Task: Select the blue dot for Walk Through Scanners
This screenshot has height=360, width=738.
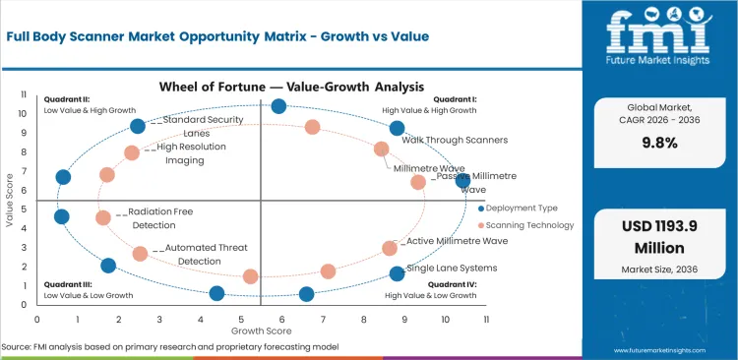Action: coord(397,128)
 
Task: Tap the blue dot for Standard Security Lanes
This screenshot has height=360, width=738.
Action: coord(138,125)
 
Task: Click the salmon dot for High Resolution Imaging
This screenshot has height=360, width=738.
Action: coord(132,152)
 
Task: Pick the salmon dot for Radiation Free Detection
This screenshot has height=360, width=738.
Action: coord(103,217)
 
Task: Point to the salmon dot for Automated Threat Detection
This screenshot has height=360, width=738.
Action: coord(140,253)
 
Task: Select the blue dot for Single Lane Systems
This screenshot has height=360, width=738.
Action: coord(397,273)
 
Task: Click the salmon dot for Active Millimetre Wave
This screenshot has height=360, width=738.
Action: coord(390,248)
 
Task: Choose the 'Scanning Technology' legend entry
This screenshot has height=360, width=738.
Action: coord(530,225)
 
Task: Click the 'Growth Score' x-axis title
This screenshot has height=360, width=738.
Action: coord(261,330)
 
